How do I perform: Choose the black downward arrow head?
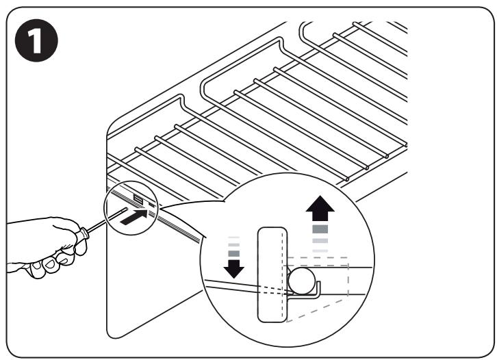234,268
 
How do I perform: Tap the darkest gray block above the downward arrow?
234,253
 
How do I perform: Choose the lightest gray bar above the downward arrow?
234,237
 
